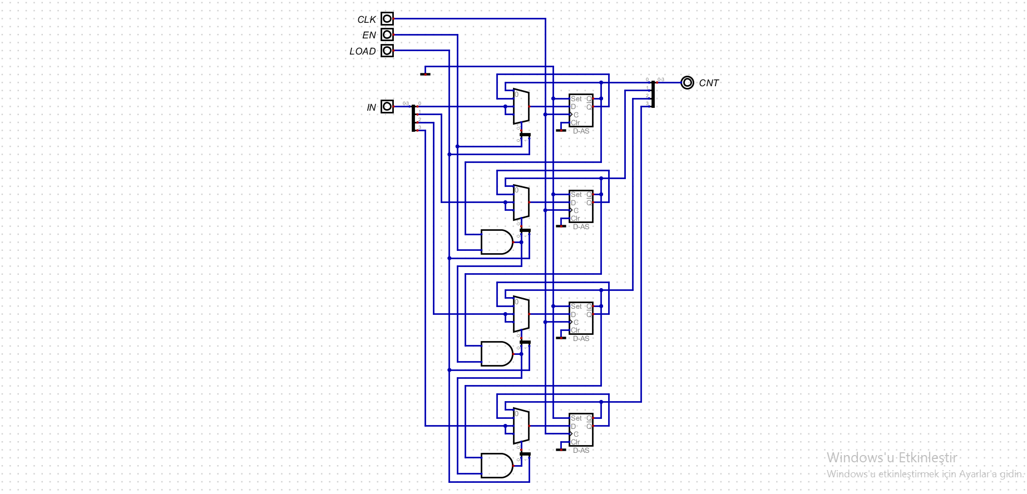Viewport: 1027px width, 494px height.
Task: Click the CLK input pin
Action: (387, 19)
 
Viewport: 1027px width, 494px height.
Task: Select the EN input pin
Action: (387, 34)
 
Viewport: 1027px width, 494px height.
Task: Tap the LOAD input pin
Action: (387, 51)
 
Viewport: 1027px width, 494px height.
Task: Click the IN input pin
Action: (387, 106)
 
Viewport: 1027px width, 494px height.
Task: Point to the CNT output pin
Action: (688, 83)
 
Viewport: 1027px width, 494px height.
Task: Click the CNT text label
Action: (709, 83)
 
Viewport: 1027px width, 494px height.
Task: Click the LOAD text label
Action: (363, 51)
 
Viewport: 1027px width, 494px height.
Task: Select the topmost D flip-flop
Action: (581, 111)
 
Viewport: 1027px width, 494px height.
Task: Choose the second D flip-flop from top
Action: (581, 206)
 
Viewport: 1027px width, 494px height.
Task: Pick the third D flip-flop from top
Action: (581, 318)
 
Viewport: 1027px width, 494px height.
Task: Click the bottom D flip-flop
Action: (581, 430)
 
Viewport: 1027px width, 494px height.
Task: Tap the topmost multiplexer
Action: (521, 106)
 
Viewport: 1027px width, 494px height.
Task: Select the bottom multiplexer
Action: (521, 426)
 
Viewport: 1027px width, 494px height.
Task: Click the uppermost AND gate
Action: (496, 242)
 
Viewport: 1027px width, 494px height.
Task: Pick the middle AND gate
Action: (496, 354)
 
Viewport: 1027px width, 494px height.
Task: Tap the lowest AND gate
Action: (496, 466)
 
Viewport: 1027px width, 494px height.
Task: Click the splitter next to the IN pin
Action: (413, 118)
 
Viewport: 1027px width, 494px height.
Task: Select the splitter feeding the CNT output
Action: (653, 94)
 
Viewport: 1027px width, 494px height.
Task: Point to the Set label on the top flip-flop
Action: (576, 99)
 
